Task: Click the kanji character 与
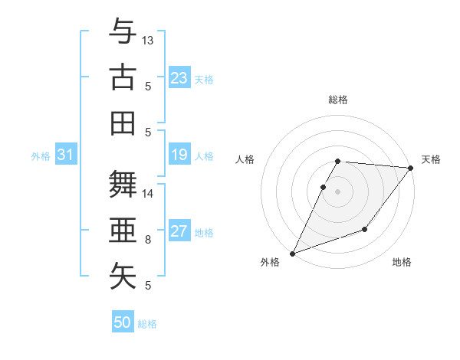(123, 33)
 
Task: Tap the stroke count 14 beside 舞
(148, 194)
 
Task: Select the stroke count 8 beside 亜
(148, 239)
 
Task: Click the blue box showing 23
(179, 78)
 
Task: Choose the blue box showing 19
(179, 155)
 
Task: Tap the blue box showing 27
(179, 232)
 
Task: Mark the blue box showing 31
(65, 155)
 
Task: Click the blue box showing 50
(123, 322)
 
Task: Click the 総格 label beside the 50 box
(147, 324)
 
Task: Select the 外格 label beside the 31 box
(41, 156)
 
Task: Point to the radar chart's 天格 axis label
(431, 159)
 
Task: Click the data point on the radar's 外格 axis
(292, 254)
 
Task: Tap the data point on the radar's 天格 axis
(411, 168)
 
